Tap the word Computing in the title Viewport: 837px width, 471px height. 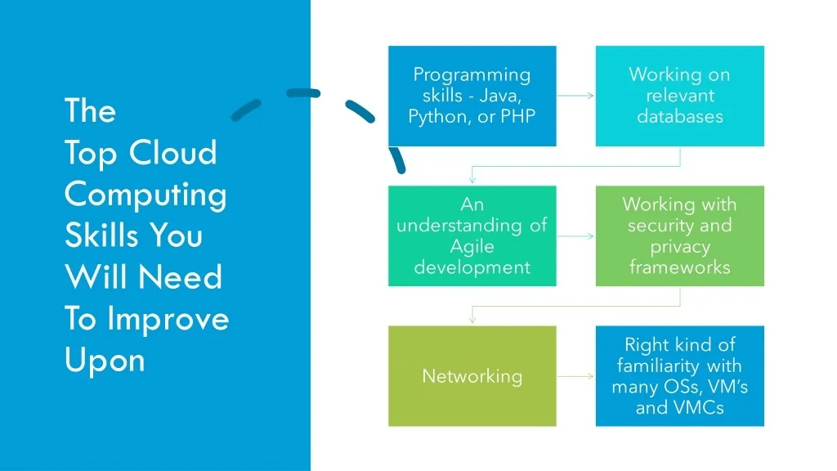(x=145, y=195)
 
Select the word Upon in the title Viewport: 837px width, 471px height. (x=105, y=360)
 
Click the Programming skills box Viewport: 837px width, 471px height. (x=472, y=96)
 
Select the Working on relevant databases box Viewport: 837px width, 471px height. (x=679, y=96)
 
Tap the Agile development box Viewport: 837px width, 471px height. (x=472, y=235)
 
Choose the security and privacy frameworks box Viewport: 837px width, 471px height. (x=679, y=235)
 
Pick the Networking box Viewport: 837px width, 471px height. (x=472, y=376)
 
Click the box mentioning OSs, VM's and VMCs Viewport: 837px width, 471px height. (x=679, y=376)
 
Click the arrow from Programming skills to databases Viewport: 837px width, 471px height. (x=575, y=96)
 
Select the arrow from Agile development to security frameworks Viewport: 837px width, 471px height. (x=575, y=236)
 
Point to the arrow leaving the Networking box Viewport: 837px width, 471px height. (x=575, y=376)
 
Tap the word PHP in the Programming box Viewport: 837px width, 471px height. (x=518, y=116)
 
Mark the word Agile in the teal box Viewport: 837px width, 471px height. (x=472, y=246)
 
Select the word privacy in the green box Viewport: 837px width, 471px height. (x=679, y=246)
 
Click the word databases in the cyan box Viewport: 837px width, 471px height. (x=679, y=116)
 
